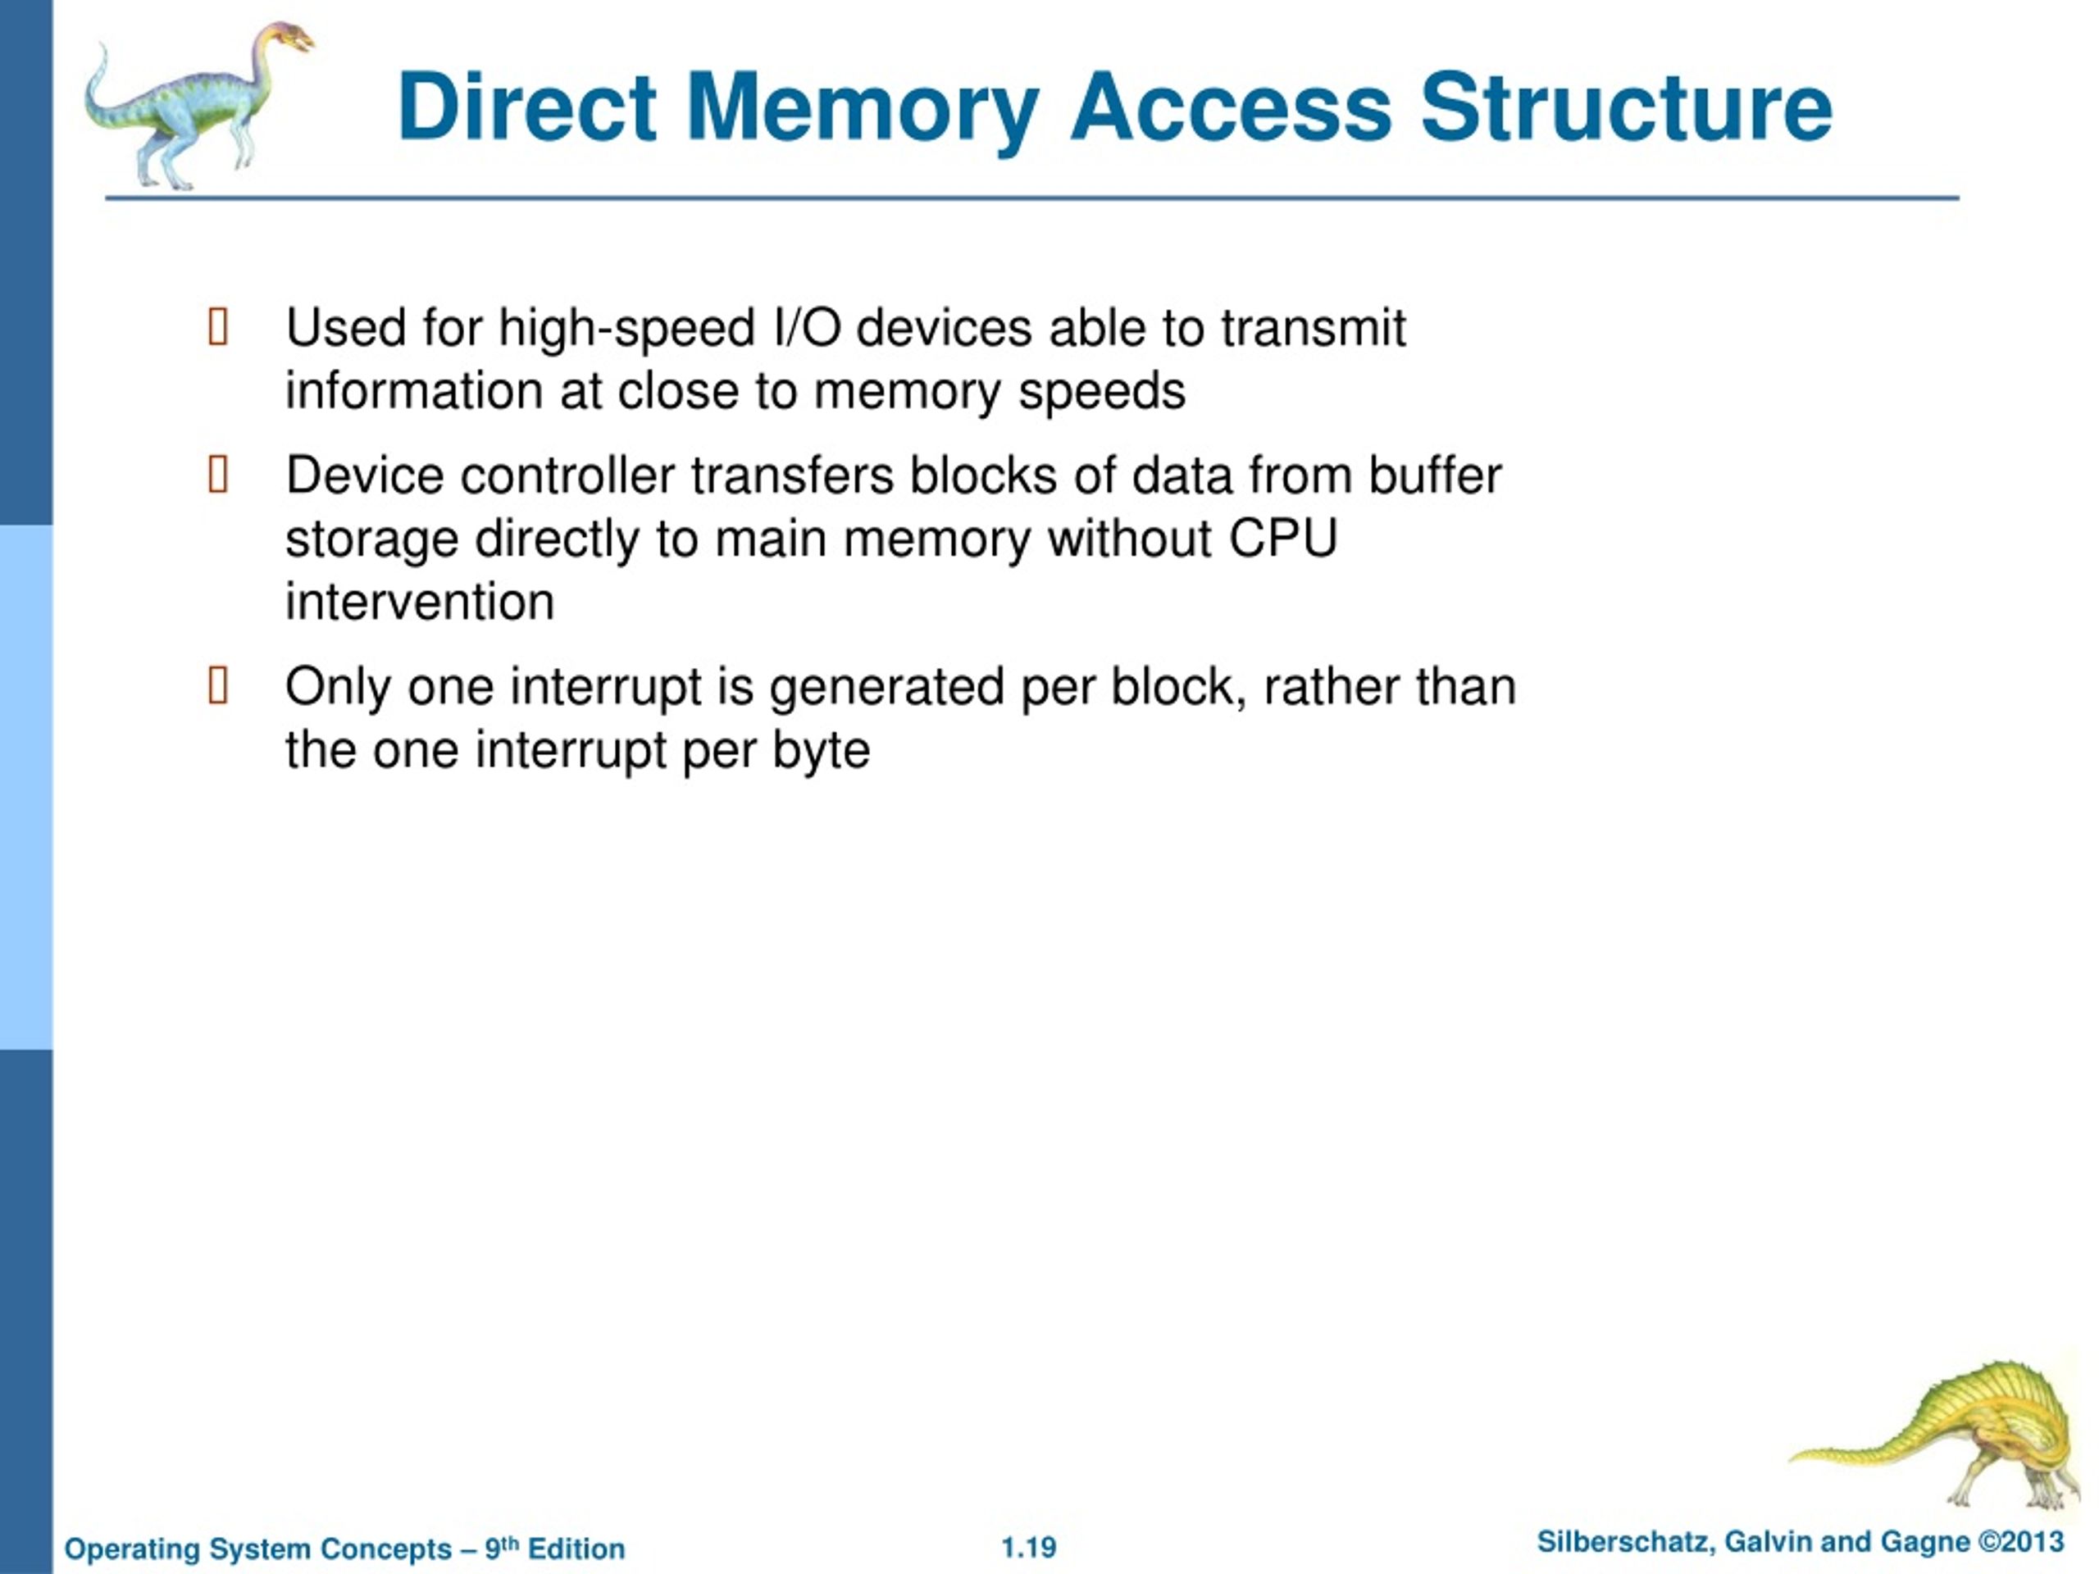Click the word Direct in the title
click(x=527, y=107)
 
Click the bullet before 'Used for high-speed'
click(x=218, y=326)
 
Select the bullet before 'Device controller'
click(x=218, y=475)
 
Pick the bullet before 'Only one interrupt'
click(x=218, y=685)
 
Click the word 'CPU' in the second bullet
click(x=1284, y=539)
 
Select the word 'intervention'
click(x=421, y=602)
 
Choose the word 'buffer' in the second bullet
click(x=1435, y=475)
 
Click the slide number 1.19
click(x=1029, y=1548)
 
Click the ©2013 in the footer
click(x=2021, y=1542)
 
